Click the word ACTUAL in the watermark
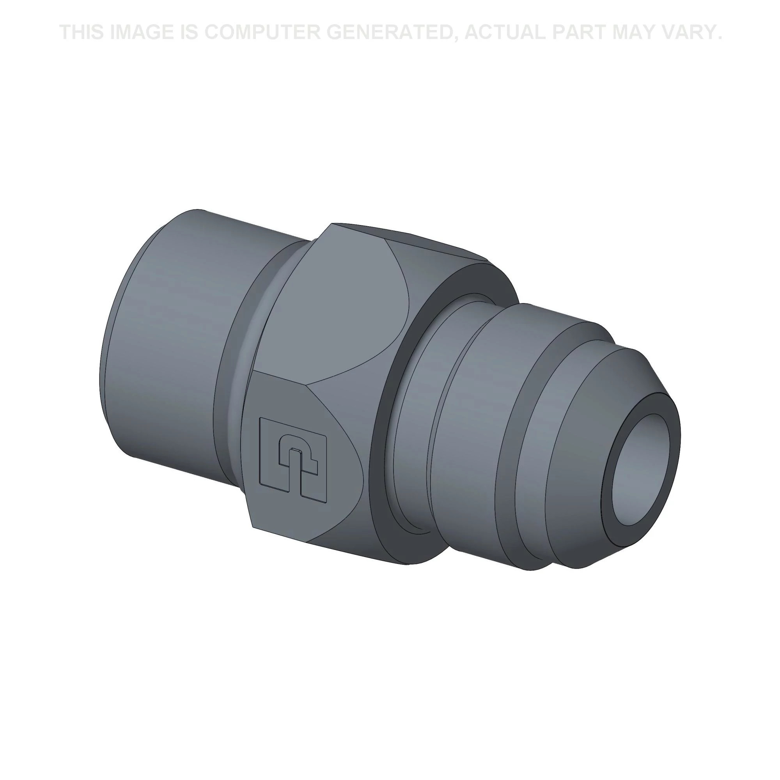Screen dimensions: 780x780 tap(504, 33)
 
